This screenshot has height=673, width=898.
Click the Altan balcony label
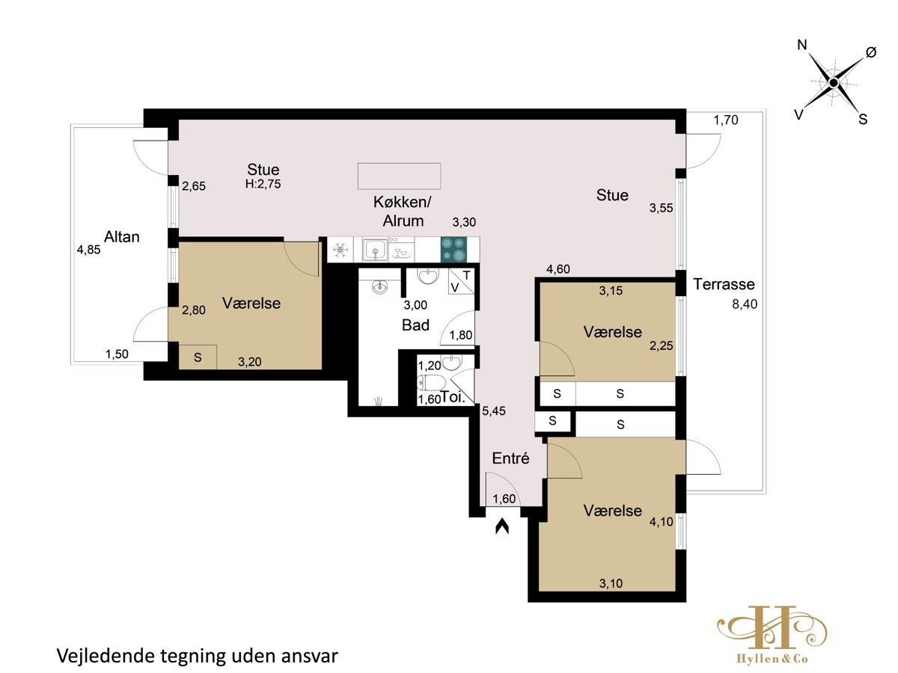[121, 237]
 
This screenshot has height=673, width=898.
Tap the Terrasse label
[724, 284]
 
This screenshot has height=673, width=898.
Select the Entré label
[510, 458]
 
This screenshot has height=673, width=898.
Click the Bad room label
[415, 325]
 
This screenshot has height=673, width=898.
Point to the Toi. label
[453, 397]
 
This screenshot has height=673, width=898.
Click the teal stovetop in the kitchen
[453, 250]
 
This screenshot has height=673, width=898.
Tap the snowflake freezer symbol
[340, 250]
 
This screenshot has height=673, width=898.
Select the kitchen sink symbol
[376, 249]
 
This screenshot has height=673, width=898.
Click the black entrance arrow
[502, 526]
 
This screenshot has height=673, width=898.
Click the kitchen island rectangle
[399, 176]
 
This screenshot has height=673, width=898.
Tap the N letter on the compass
[802, 45]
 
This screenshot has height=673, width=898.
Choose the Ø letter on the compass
[871, 52]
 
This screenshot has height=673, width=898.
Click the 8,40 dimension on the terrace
[745, 304]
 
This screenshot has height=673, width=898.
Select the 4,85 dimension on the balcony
[88, 250]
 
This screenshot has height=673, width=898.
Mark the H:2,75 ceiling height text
[263, 184]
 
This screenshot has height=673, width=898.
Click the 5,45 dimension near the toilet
[493, 411]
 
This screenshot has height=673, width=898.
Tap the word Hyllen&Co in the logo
[772, 659]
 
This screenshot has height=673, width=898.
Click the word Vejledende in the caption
[105, 657]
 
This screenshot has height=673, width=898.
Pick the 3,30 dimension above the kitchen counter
[464, 222]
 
